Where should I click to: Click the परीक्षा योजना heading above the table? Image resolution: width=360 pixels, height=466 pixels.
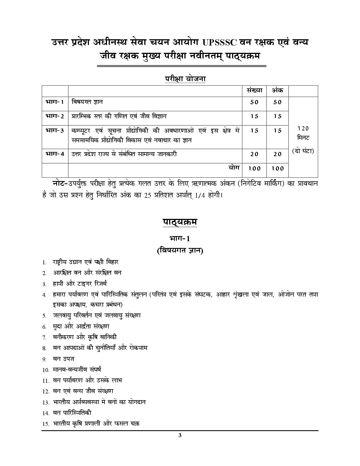click(185, 79)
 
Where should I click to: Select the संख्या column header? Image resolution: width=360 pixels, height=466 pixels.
click(254, 90)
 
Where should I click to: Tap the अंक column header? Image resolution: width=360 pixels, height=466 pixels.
click(277, 90)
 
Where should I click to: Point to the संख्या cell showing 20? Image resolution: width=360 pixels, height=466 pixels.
click(254, 154)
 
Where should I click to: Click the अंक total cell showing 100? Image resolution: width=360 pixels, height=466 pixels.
click(278, 168)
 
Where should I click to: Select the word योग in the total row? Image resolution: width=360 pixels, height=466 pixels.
click(234, 167)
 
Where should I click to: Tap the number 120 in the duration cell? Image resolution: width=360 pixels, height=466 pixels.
click(303, 129)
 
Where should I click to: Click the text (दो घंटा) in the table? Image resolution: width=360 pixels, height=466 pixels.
click(303, 151)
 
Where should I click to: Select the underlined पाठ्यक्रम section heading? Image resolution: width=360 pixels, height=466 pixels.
click(180, 222)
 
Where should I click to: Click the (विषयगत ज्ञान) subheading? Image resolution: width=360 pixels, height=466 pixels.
click(180, 251)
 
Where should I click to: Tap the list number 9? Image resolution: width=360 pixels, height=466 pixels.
click(44, 359)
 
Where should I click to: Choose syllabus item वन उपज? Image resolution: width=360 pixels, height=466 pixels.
click(64, 359)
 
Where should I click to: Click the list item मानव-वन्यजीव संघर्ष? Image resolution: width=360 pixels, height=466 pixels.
click(77, 369)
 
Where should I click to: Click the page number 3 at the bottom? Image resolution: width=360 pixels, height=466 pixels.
click(180, 435)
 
